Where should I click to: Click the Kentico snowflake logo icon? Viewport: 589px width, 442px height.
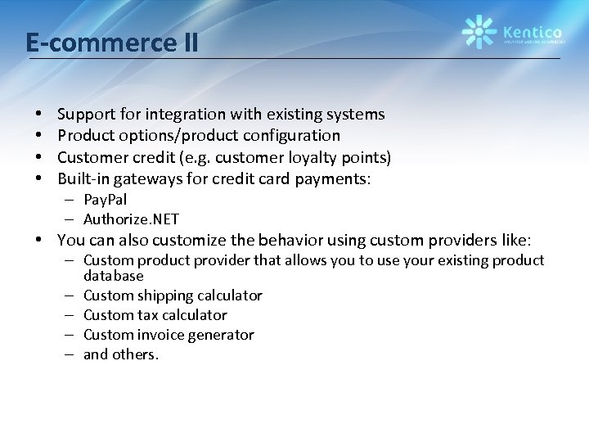(x=479, y=31)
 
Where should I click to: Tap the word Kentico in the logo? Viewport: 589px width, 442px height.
(x=532, y=25)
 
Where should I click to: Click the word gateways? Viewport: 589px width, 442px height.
(x=156, y=178)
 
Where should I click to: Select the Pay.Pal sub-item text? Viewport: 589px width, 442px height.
(x=105, y=200)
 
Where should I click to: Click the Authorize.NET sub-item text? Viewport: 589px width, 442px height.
(x=131, y=219)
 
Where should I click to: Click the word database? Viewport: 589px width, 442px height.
(x=113, y=276)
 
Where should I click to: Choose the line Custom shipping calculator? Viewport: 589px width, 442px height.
(x=173, y=295)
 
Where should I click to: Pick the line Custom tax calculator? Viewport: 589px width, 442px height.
(x=155, y=315)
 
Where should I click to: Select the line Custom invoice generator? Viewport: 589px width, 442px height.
(x=169, y=335)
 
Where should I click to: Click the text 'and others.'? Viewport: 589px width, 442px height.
(x=121, y=354)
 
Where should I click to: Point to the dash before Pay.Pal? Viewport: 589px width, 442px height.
(x=73, y=200)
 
